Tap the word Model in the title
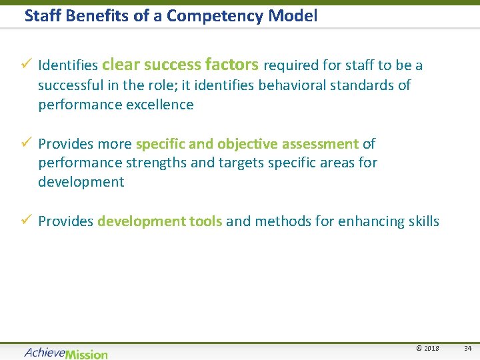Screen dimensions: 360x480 tap(295, 15)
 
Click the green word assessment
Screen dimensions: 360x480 tap(319, 144)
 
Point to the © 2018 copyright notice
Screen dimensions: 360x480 tap(427, 349)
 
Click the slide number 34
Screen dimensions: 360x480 tap(468, 349)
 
